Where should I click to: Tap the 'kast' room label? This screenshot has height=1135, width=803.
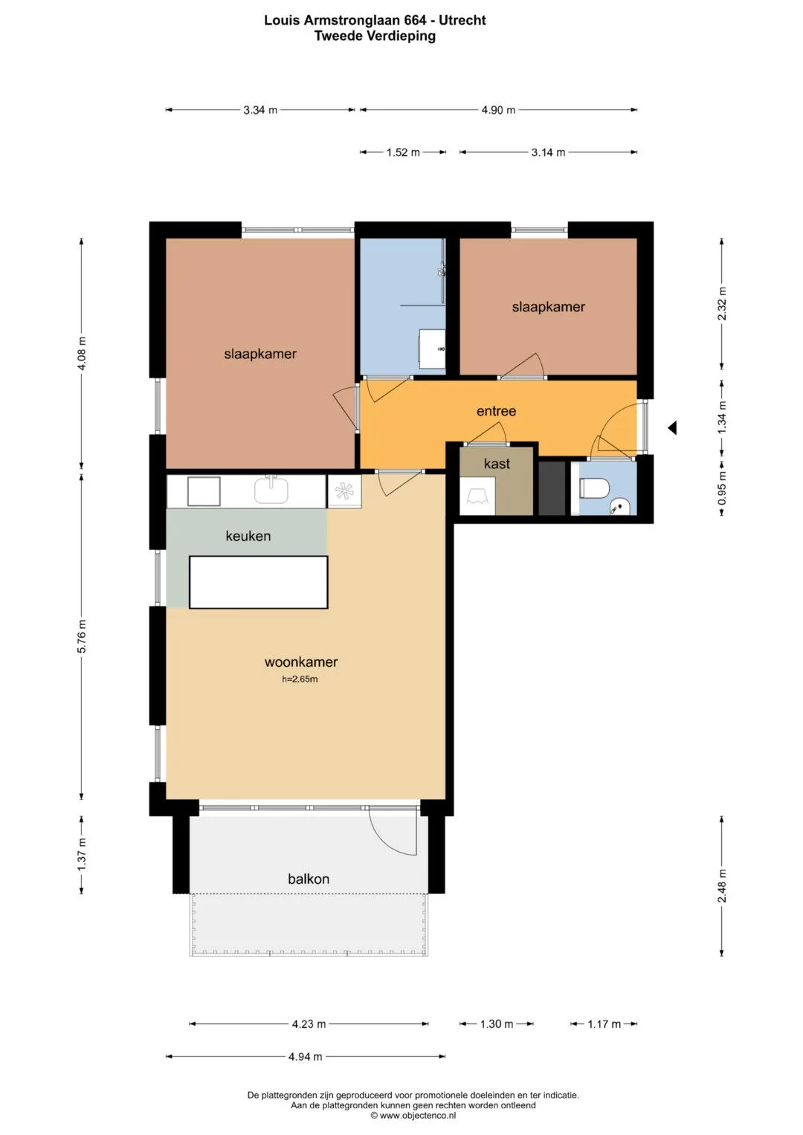point(497,464)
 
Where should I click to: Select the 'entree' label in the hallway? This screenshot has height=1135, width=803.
point(496,411)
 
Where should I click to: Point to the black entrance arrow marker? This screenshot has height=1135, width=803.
point(672,428)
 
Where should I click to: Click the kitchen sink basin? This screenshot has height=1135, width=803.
point(271,490)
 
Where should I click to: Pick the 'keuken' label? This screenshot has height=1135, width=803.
point(248,536)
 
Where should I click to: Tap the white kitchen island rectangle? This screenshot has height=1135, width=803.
point(259,582)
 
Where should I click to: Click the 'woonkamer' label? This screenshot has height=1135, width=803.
point(300,662)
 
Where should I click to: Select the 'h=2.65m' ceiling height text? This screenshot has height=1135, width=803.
point(300,679)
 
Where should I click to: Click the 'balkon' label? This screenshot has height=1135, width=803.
point(309,879)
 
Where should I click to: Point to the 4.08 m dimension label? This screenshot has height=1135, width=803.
point(82,353)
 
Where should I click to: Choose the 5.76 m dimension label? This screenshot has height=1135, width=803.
point(82,636)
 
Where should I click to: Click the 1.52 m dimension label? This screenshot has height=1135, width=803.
point(403,152)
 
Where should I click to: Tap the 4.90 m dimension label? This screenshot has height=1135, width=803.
point(498,110)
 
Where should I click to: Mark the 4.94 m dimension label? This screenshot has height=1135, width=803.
point(305,1056)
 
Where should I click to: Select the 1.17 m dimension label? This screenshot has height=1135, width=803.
point(604,1024)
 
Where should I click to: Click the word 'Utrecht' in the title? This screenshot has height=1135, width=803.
point(462,20)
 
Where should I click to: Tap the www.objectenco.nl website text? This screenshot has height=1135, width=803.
point(413,1115)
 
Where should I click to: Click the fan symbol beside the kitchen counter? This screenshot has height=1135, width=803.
point(344,491)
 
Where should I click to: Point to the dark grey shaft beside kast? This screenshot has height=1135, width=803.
point(552,488)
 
